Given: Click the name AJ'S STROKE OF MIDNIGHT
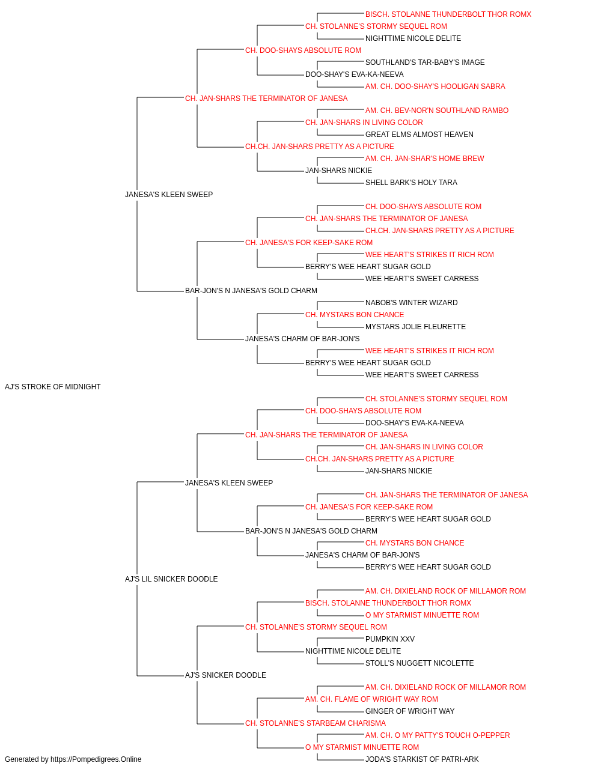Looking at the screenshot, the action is coord(52,387).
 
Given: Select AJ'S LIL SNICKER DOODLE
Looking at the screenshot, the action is coord(171,579).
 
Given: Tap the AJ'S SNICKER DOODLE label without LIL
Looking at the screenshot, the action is coord(225,675).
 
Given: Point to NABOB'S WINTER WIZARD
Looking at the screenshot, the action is coord(411,303).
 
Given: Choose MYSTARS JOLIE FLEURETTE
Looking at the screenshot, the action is coord(415,327).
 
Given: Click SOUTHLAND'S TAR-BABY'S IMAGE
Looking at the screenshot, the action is coord(425,62).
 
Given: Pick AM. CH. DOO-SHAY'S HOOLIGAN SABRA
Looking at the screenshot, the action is coord(435,87).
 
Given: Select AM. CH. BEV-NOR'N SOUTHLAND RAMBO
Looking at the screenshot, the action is coord(437,111).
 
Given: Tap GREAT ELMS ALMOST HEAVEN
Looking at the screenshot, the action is coord(419,135).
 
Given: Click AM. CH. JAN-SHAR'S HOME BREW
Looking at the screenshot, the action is coord(424,159).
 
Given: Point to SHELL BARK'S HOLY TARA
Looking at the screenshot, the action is coord(411,183).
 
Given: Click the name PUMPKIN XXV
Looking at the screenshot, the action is coord(389,639).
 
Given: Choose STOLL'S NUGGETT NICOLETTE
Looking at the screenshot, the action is coord(419,663).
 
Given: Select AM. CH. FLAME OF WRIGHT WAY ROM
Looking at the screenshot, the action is coord(371,699).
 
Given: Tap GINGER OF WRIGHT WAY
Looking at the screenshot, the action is coord(410,711).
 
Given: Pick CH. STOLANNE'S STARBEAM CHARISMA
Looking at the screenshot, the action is coord(316,723).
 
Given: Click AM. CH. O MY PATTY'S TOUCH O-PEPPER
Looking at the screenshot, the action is coord(438,735).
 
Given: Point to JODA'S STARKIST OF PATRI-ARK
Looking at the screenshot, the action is coord(422,759).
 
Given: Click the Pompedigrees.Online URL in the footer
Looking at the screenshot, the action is coord(96,759).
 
